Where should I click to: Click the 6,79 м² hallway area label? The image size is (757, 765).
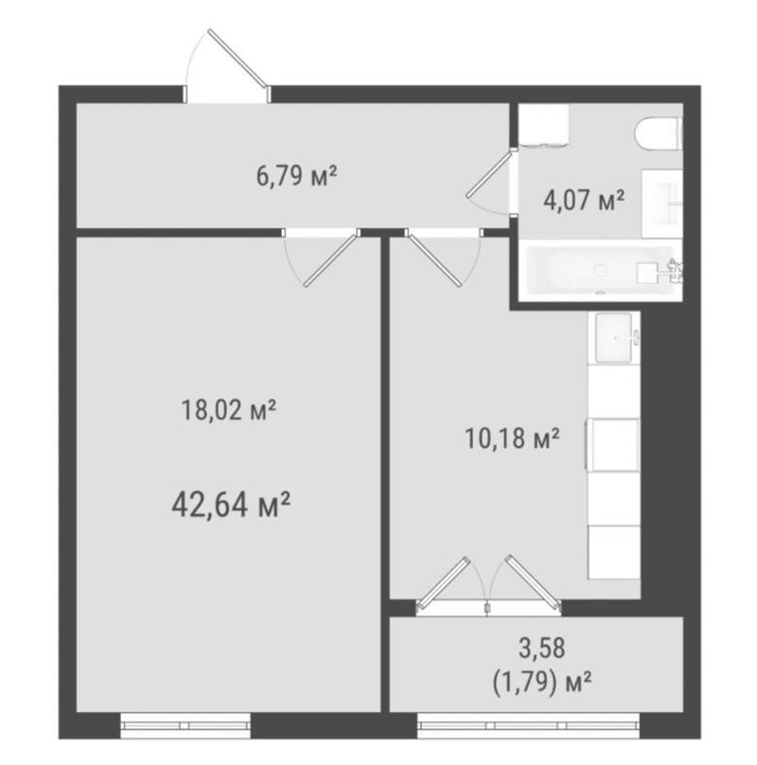(296, 176)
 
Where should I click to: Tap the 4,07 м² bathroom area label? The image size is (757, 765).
(584, 200)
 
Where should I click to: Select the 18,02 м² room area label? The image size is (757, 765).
(229, 410)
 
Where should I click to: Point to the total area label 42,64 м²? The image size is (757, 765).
(231, 506)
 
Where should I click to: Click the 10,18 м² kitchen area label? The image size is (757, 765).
(512, 438)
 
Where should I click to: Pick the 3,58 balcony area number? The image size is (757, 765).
(541, 648)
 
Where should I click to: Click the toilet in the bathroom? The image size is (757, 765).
(659, 133)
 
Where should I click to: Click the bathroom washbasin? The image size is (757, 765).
(661, 204)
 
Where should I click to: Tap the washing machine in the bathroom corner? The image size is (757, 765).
(544, 125)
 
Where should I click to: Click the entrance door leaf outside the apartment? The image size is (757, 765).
(238, 59)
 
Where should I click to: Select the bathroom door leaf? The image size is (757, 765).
(488, 173)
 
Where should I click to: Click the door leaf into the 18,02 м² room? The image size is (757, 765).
(332, 260)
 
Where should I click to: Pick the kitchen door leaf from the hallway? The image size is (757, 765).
(433, 259)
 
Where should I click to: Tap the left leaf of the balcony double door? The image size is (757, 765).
(444, 582)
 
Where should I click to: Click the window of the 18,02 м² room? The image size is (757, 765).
(185, 725)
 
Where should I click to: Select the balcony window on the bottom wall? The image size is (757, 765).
(528, 725)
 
